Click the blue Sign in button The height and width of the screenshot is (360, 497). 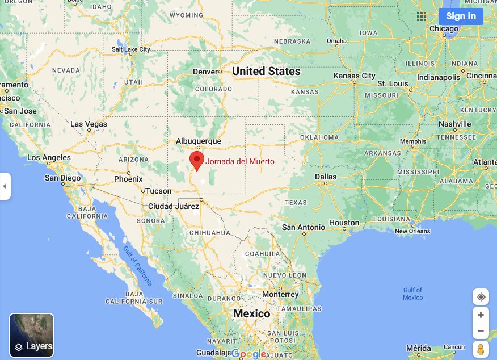(461, 16)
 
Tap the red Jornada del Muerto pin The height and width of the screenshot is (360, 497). (197, 160)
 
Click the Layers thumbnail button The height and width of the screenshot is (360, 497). (32, 335)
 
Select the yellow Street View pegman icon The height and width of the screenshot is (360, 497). (481, 349)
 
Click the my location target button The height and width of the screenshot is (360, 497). (481, 297)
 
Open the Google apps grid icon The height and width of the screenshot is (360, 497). (421, 16)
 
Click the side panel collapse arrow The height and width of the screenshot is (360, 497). (5, 186)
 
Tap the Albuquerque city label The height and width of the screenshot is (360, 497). (199, 141)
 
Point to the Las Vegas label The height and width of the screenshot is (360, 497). (89, 124)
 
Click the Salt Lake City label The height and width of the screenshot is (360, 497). (131, 49)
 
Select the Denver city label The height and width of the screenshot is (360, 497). (205, 72)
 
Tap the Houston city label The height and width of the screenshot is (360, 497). (344, 223)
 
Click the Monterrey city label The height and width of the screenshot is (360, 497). (280, 294)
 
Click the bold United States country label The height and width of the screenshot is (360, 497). (266, 71)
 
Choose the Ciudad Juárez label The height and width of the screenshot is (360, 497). (174, 206)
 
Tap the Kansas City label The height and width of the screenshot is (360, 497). (355, 76)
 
